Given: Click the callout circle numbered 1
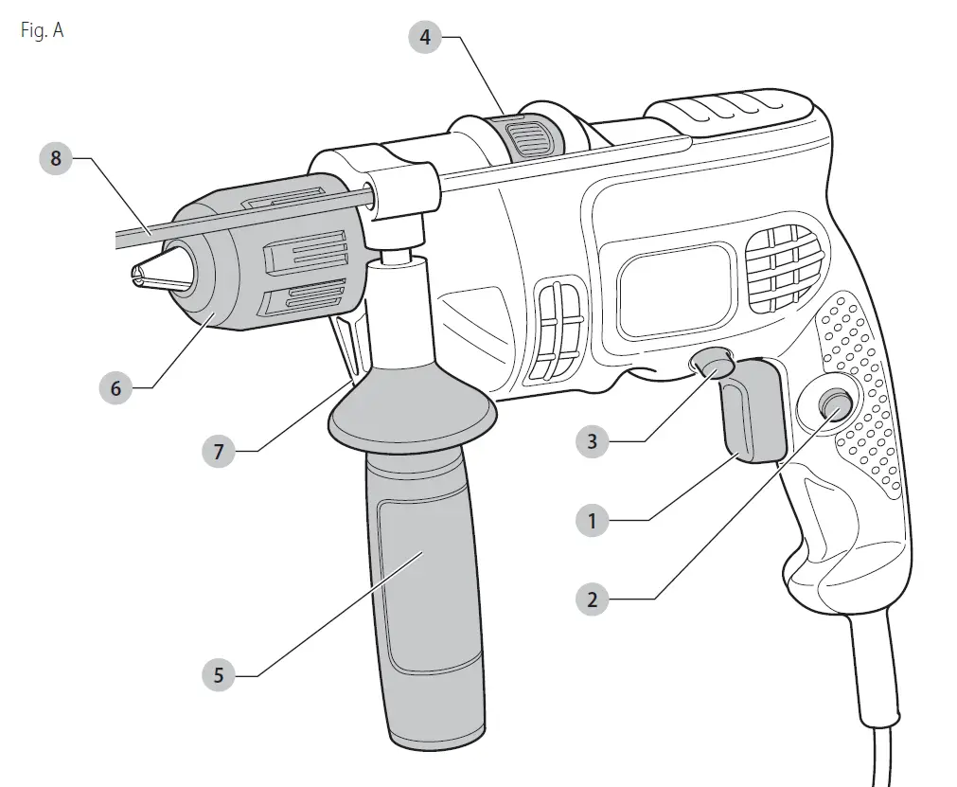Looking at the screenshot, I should [x=593, y=520].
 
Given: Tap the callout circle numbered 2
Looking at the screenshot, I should [x=593, y=599].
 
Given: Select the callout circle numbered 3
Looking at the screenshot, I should [x=593, y=441].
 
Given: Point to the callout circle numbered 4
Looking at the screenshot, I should [x=425, y=37].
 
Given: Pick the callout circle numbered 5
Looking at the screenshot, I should [x=219, y=675].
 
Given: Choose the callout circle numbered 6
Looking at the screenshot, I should [x=115, y=388].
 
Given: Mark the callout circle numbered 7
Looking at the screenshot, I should [x=219, y=452].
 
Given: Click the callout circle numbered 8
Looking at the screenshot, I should [x=56, y=158].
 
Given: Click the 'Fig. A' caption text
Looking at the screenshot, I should [x=41, y=30].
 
